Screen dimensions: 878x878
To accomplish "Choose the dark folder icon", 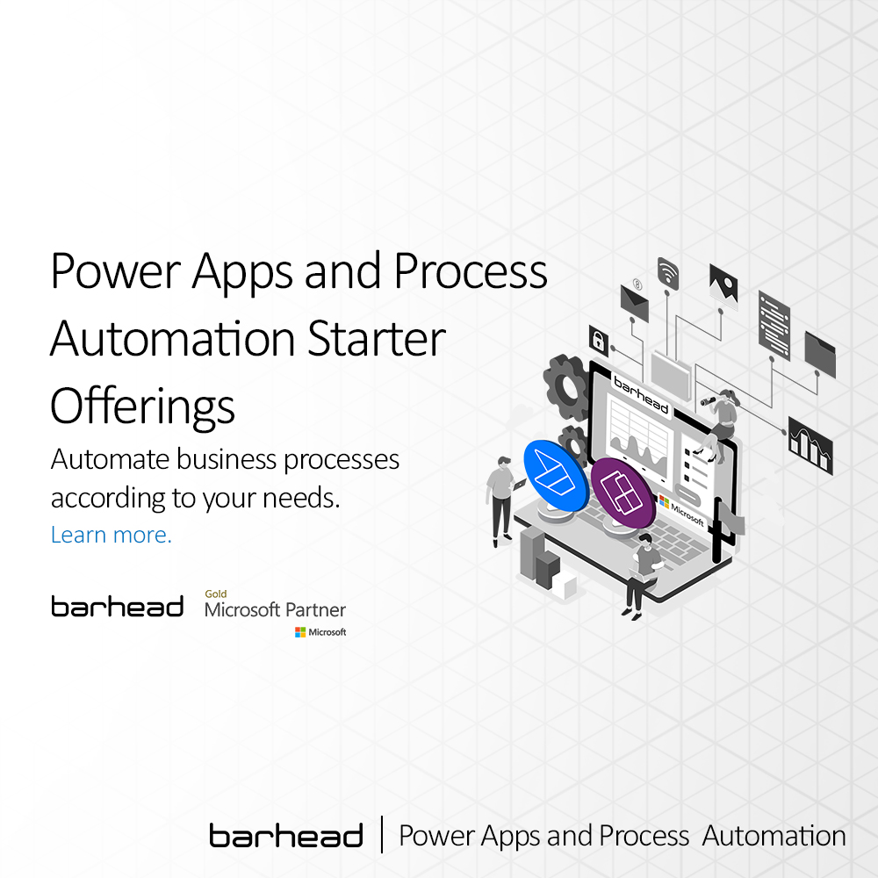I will [820, 354].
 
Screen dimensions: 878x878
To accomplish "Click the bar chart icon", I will [810, 442].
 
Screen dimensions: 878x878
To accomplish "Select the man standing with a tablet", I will [502, 496].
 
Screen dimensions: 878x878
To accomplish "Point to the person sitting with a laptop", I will [644, 572].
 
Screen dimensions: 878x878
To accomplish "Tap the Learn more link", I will [112, 535].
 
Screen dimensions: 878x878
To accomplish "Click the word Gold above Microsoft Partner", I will [215, 594].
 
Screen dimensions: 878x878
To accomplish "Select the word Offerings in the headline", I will [142, 406].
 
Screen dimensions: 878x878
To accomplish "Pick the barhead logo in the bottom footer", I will [286, 836].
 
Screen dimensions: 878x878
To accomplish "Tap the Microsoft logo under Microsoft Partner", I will [320, 632].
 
